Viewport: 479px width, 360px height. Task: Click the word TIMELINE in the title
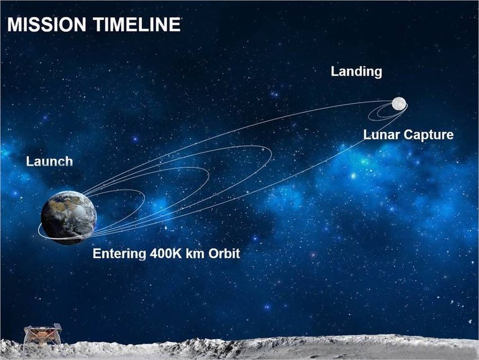pyautogui.click(x=136, y=24)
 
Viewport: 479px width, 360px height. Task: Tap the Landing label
pyautogui.click(x=356, y=72)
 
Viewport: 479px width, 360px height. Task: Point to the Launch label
pyautogui.click(x=50, y=161)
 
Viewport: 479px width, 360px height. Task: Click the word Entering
pyautogui.click(x=119, y=254)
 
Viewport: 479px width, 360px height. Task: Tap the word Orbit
pyautogui.click(x=224, y=254)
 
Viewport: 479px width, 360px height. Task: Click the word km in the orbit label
pyautogui.click(x=195, y=254)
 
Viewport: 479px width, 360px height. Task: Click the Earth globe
pyautogui.click(x=69, y=217)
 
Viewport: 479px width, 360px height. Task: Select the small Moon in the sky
pyautogui.click(x=399, y=104)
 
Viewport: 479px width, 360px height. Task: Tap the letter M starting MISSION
pyautogui.click(x=14, y=24)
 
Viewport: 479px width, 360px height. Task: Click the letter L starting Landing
pyautogui.click(x=334, y=71)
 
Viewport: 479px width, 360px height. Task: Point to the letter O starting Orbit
pyautogui.click(x=214, y=254)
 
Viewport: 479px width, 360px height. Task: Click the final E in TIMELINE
pyautogui.click(x=175, y=24)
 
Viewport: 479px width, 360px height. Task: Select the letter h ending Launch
pyautogui.click(x=69, y=161)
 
